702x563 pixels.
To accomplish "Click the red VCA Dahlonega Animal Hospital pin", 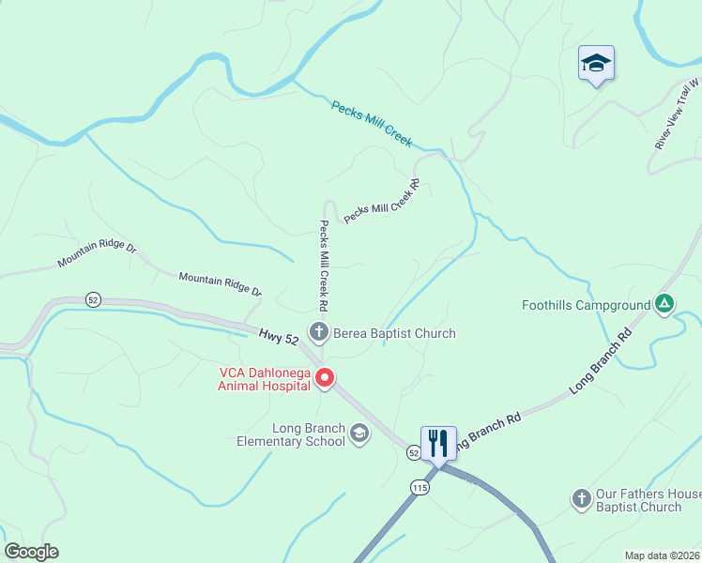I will (x=326, y=378).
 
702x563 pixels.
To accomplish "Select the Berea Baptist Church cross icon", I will (x=319, y=331).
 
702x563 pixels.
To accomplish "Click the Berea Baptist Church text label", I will (x=393, y=333).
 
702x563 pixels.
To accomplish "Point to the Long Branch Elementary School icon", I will (x=359, y=434).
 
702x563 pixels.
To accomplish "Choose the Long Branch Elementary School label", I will (x=296, y=435).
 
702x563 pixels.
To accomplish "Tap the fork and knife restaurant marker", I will (x=438, y=442).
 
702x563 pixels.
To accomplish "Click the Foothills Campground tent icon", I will (x=664, y=303).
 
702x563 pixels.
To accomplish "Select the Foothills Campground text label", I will (x=587, y=305).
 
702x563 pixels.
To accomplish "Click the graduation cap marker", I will (x=596, y=64).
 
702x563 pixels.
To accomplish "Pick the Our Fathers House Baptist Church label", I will (x=648, y=500).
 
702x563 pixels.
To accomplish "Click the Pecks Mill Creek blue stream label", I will (x=372, y=122).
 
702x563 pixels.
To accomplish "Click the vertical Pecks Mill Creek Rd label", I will (x=322, y=266).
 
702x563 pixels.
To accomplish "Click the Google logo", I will (x=31, y=552).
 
